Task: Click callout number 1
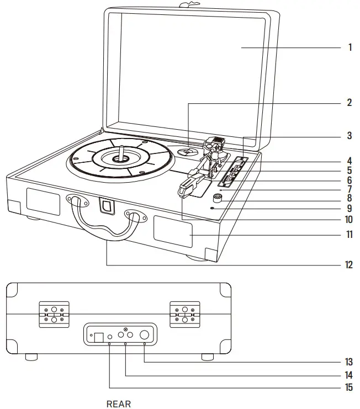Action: click(x=350, y=47)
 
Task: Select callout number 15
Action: click(x=348, y=387)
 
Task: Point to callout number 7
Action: click(x=350, y=189)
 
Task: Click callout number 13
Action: click(x=348, y=363)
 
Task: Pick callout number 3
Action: click(x=350, y=135)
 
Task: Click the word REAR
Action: click(x=119, y=404)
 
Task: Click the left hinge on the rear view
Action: click(x=54, y=315)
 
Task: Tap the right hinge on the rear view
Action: click(x=184, y=315)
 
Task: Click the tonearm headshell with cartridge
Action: click(x=187, y=185)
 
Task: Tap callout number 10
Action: click(x=348, y=219)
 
